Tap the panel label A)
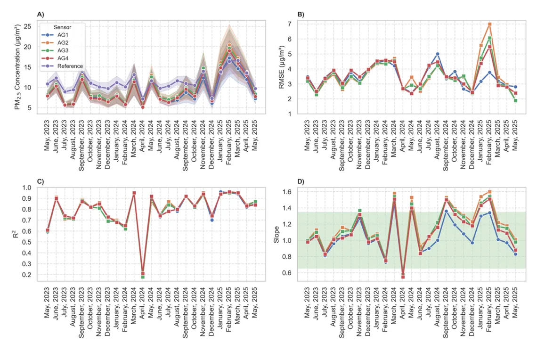pyautogui.click(x=41, y=14)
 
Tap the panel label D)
pyautogui.click(x=301, y=181)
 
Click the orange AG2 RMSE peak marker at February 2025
pyautogui.click(x=490, y=24)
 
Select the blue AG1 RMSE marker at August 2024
pyautogui.click(x=438, y=54)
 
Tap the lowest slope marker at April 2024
pyautogui.click(x=403, y=276)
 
